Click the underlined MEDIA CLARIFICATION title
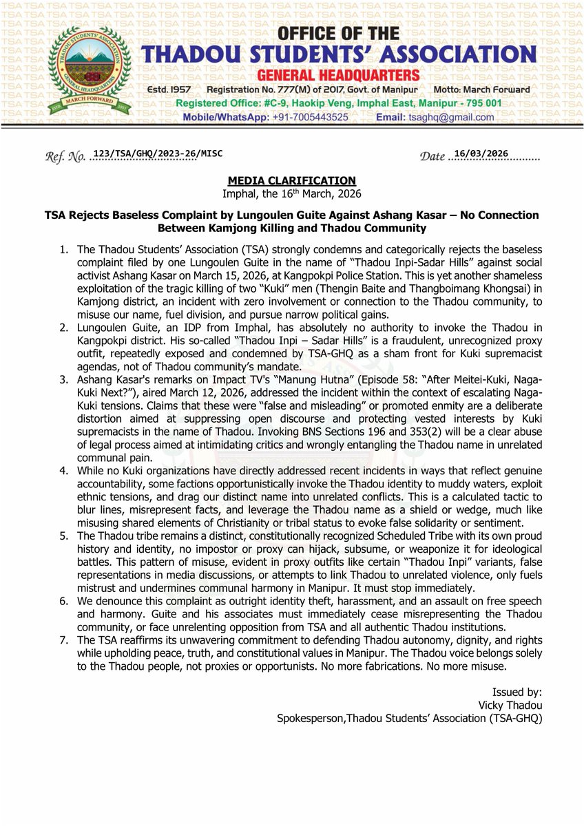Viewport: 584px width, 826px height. pos(292,181)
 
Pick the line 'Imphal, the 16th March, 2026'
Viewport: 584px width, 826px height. pos(292,193)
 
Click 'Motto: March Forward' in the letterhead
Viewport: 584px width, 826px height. pos(483,90)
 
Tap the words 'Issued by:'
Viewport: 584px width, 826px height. pos(517,692)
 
